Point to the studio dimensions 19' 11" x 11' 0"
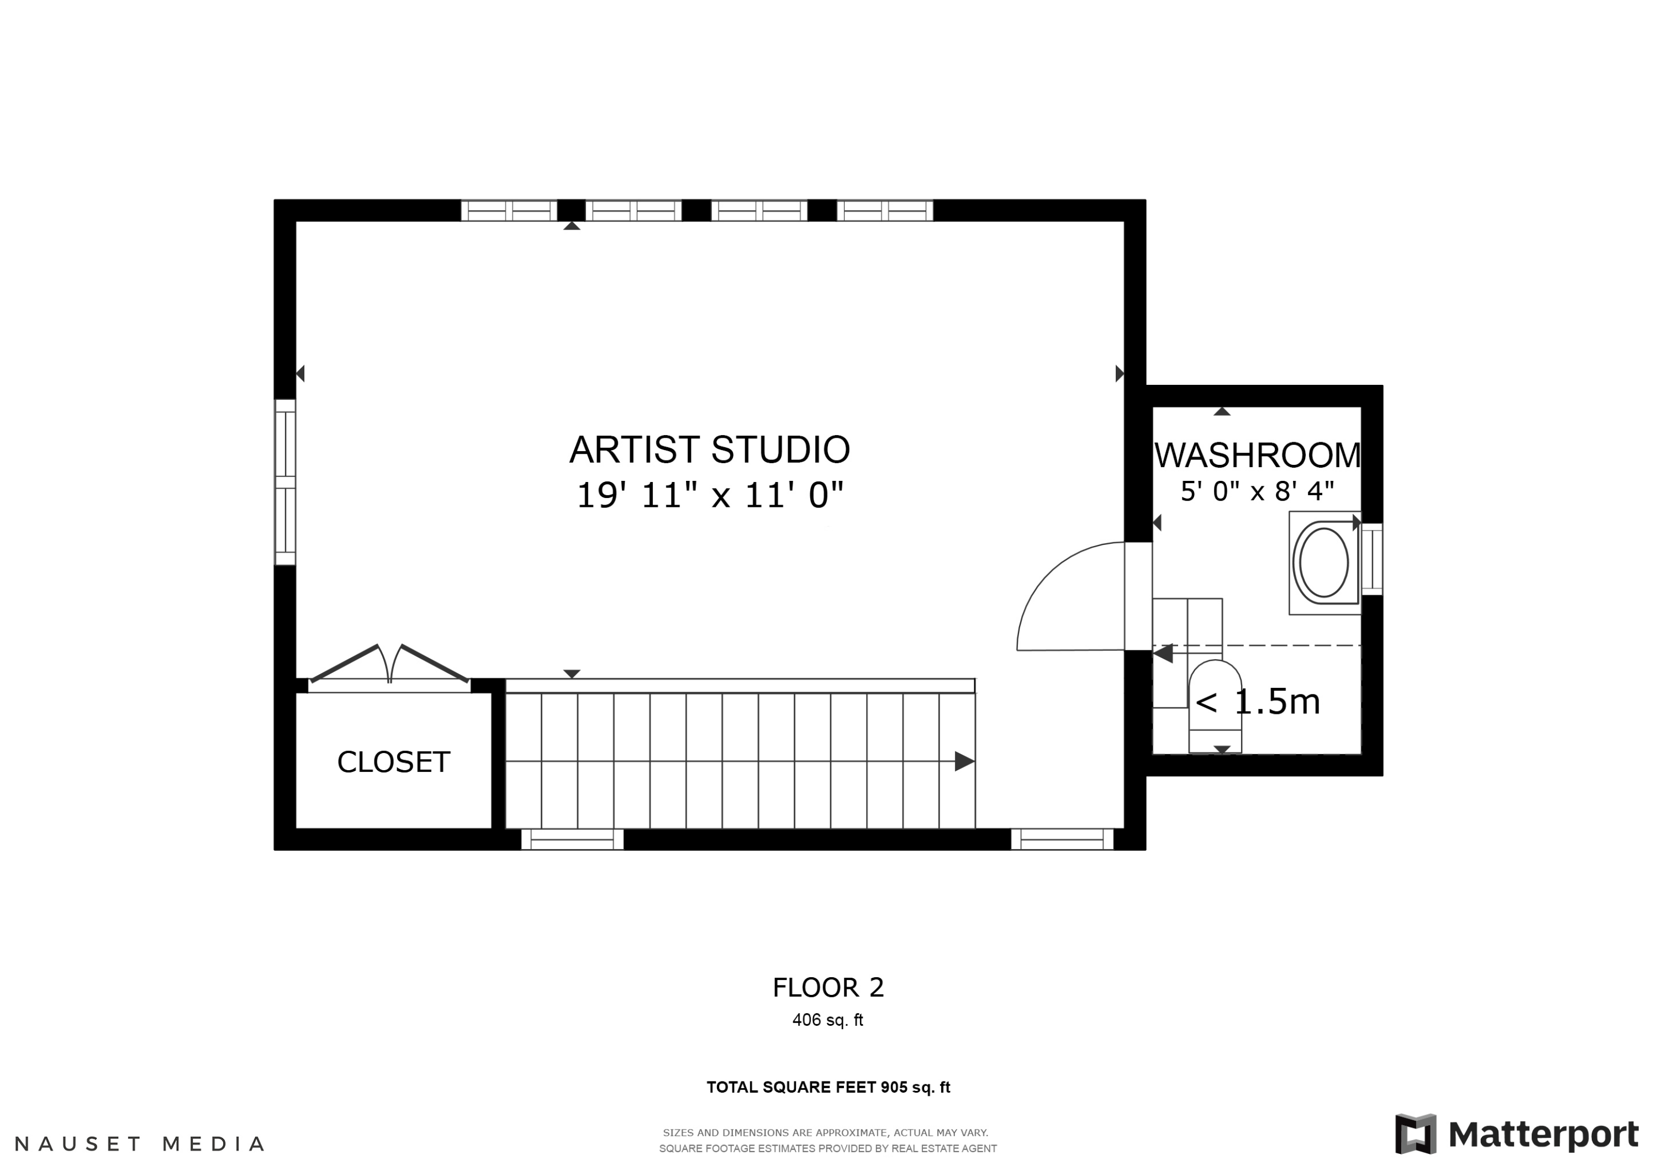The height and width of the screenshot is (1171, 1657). [x=710, y=496]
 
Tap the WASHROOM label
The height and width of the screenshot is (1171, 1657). [x=1257, y=455]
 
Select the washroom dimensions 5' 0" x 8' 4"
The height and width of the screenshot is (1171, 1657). [x=1257, y=491]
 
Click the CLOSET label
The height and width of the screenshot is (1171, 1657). [x=393, y=762]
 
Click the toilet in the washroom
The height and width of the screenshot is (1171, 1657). [x=1215, y=706]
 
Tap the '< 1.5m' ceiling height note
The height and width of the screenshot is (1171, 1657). [x=1258, y=701]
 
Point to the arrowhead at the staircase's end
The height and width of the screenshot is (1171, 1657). [x=965, y=761]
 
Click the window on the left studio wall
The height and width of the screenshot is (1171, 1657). [x=285, y=482]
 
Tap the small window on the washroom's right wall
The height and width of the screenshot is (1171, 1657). [x=1372, y=559]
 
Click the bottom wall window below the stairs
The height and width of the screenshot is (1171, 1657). [x=572, y=839]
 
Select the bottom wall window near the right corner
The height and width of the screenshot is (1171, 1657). [x=1062, y=839]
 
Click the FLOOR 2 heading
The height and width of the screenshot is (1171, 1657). [x=828, y=988]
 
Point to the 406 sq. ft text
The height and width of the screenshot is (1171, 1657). [x=828, y=1020]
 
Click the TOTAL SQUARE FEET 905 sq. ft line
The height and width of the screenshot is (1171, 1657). [x=828, y=1087]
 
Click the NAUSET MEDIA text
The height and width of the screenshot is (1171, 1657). [x=139, y=1143]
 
